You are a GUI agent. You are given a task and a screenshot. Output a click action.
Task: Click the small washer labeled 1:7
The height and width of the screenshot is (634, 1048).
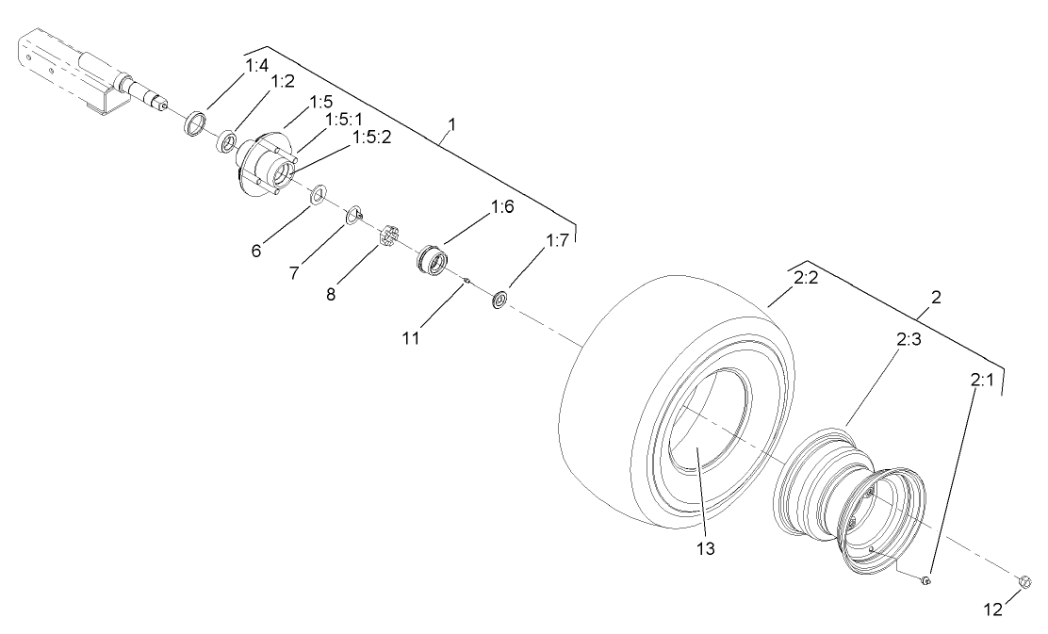click(499, 300)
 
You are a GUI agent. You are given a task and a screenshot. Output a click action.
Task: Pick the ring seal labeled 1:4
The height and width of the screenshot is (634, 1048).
click(194, 124)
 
